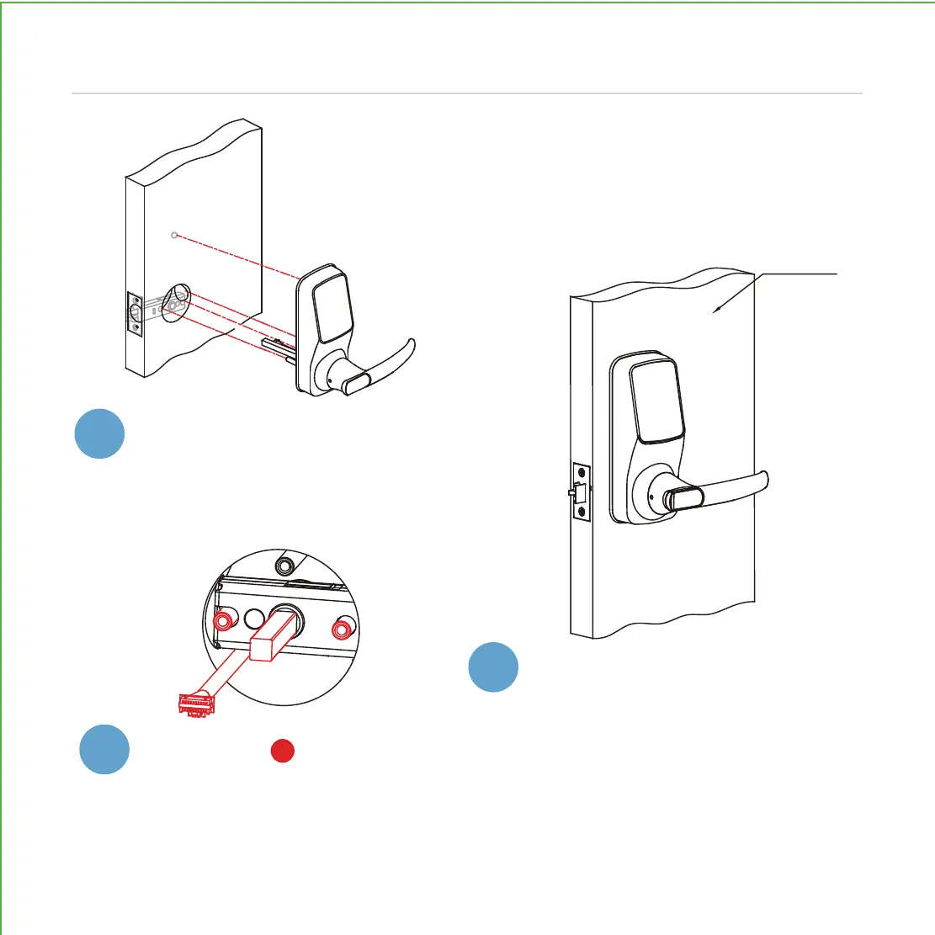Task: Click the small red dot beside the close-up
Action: pos(283,752)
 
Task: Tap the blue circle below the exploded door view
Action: pos(99,433)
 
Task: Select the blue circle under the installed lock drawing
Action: pos(494,667)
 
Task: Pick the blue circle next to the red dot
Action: pos(105,750)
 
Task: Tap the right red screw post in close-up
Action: pos(342,630)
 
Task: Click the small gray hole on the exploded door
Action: pos(173,235)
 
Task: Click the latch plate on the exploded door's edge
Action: pos(135,314)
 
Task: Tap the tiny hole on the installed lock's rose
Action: pos(651,496)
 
